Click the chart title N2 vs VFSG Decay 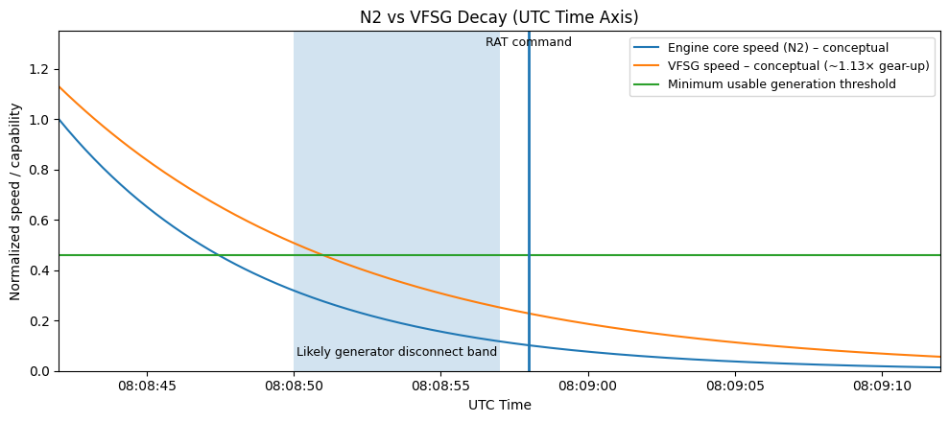pos(499,17)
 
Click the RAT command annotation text pos(528,42)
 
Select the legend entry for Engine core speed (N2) pos(777,48)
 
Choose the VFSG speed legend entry pos(797,66)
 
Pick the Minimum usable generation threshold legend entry pos(781,84)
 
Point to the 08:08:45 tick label pos(147,387)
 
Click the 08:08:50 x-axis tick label pos(294,387)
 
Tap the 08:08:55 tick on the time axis pos(440,387)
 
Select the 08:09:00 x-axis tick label pos(587,387)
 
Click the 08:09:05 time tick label pos(734,387)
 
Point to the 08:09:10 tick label pos(881,387)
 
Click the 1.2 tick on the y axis pos(38,69)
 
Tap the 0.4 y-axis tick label pos(38,270)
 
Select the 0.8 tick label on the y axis pos(38,170)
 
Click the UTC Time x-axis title pos(499,405)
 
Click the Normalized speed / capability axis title pos(15,201)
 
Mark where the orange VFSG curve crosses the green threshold pos(323,255)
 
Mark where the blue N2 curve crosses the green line pos(219,255)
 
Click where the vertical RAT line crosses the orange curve pos(529,314)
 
